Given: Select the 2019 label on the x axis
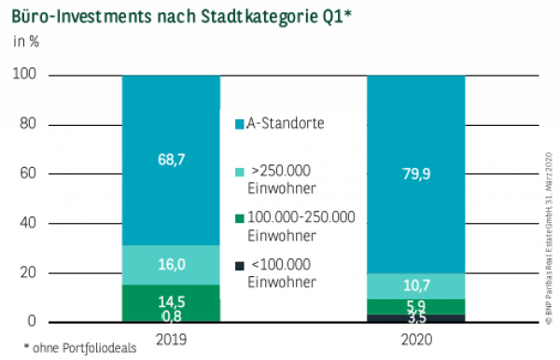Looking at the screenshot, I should pyautogui.click(x=171, y=339).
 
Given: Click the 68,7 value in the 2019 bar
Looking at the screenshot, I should pyautogui.click(x=171, y=159).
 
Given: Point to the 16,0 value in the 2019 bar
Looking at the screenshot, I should pyautogui.click(x=171, y=265).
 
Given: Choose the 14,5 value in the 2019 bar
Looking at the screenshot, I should pyautogui.click(x=171, y=302).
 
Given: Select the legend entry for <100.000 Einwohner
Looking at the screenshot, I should pyautogui.click(x=280, y=273).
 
